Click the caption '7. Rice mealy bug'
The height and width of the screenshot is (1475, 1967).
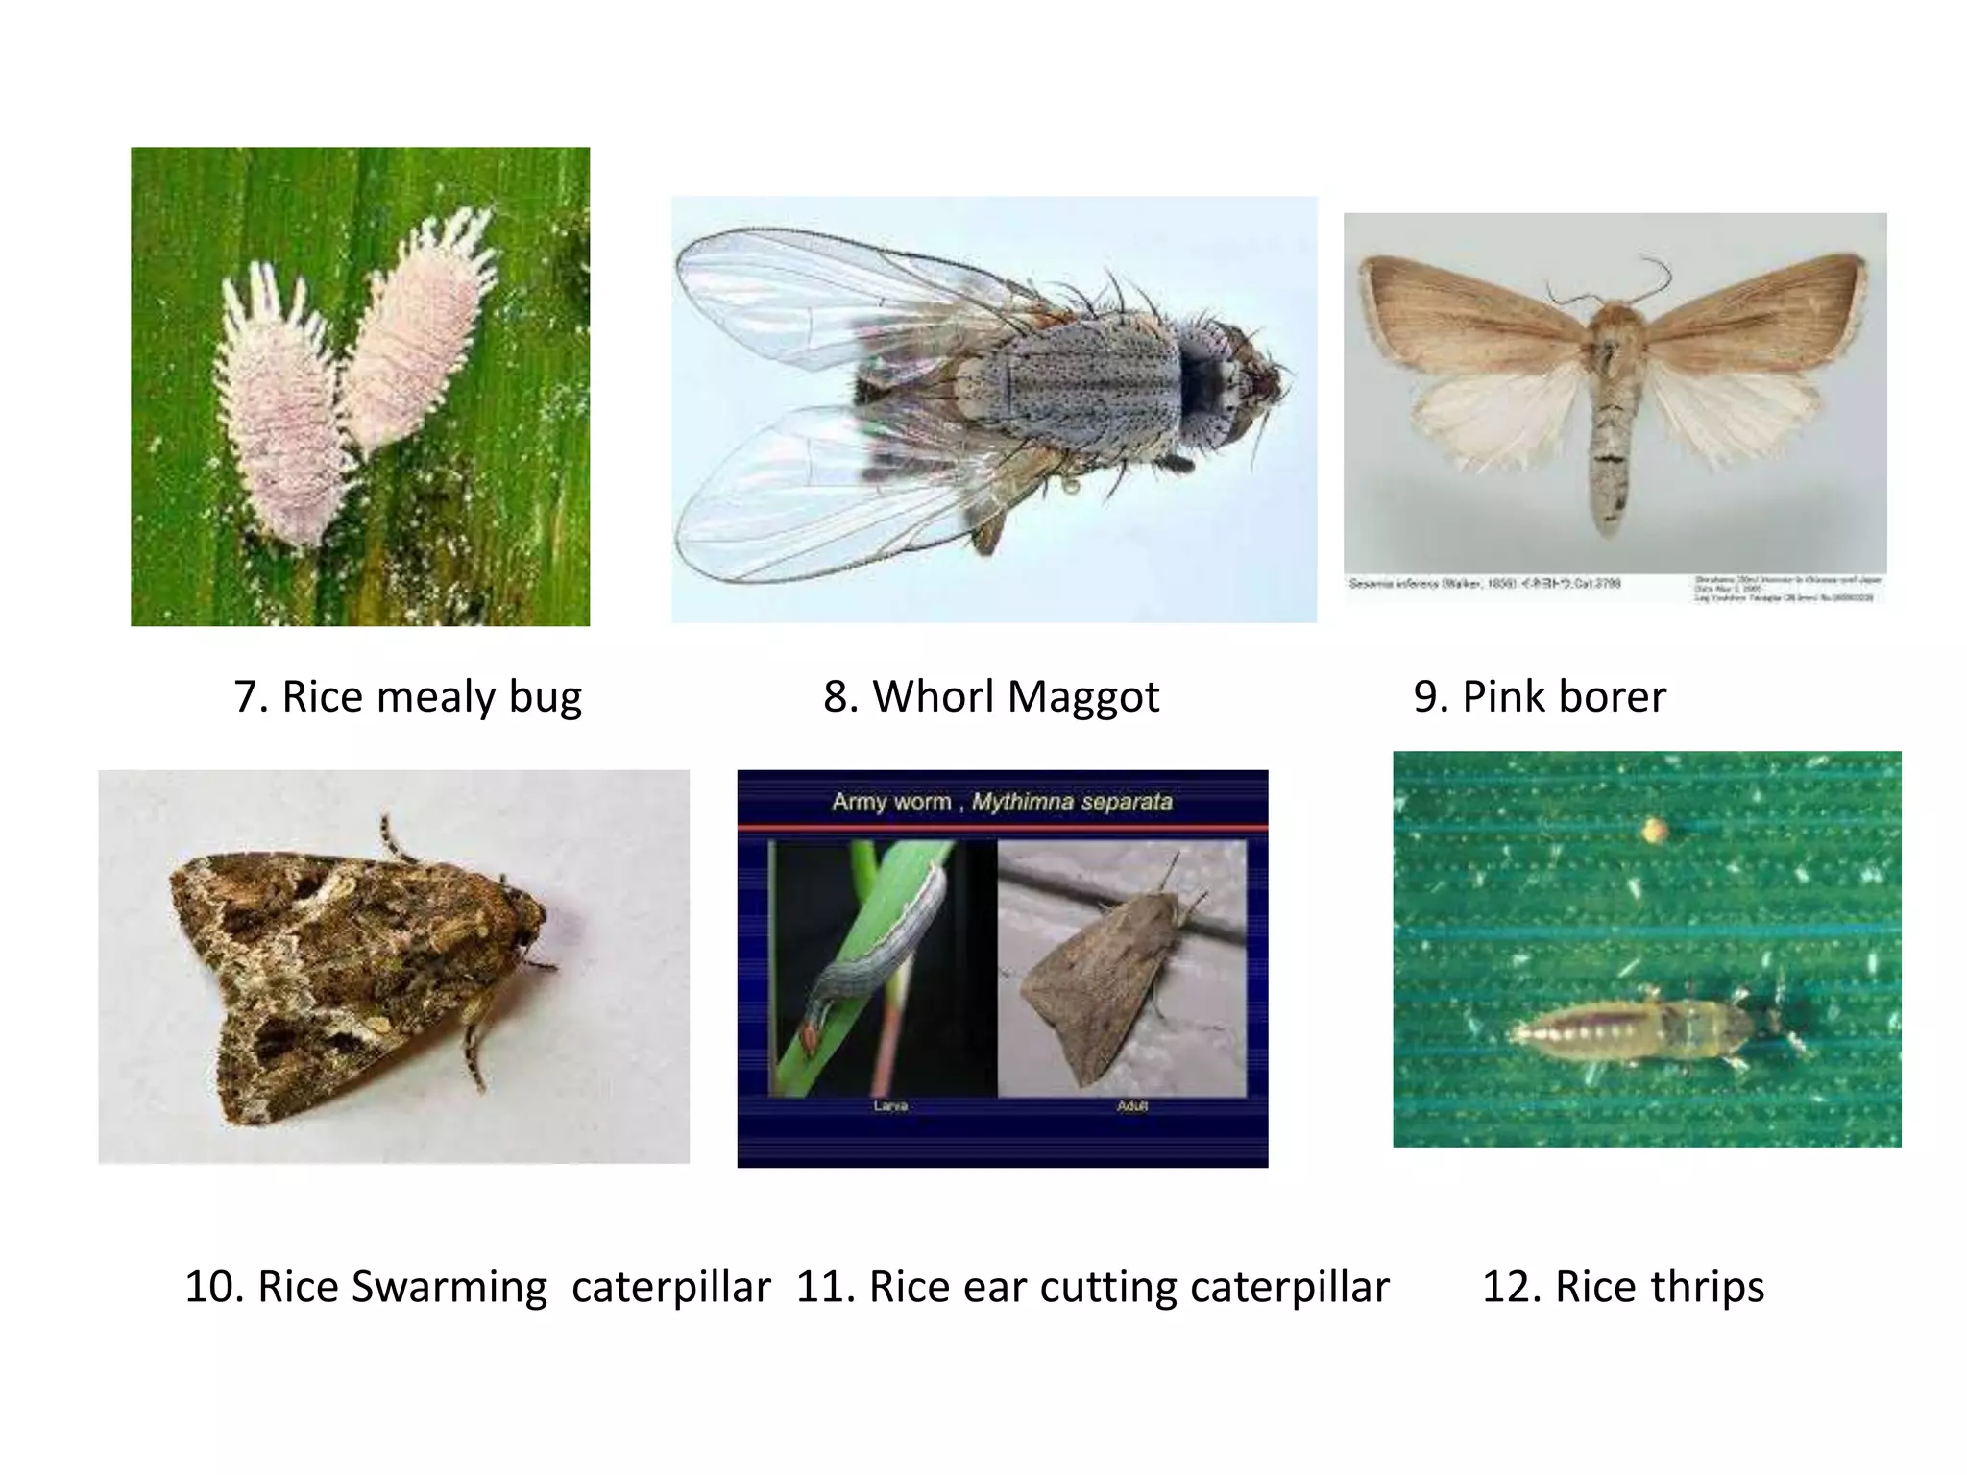[407, 697]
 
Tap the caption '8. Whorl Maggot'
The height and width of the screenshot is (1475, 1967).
[991, 697]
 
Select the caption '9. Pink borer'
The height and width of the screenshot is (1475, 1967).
[1540, 697]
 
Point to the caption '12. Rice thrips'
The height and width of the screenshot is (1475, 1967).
[1623, 1287]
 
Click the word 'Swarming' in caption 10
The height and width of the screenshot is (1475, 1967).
[449, 1287]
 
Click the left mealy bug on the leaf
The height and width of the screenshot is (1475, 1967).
[276, 413]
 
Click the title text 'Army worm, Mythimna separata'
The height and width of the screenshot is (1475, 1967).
[1002, 802]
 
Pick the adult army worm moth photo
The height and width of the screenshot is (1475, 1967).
[1122, 970]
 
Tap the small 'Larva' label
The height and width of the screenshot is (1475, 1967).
[890, 1106]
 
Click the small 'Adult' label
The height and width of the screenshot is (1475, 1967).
[1132, 1106]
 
